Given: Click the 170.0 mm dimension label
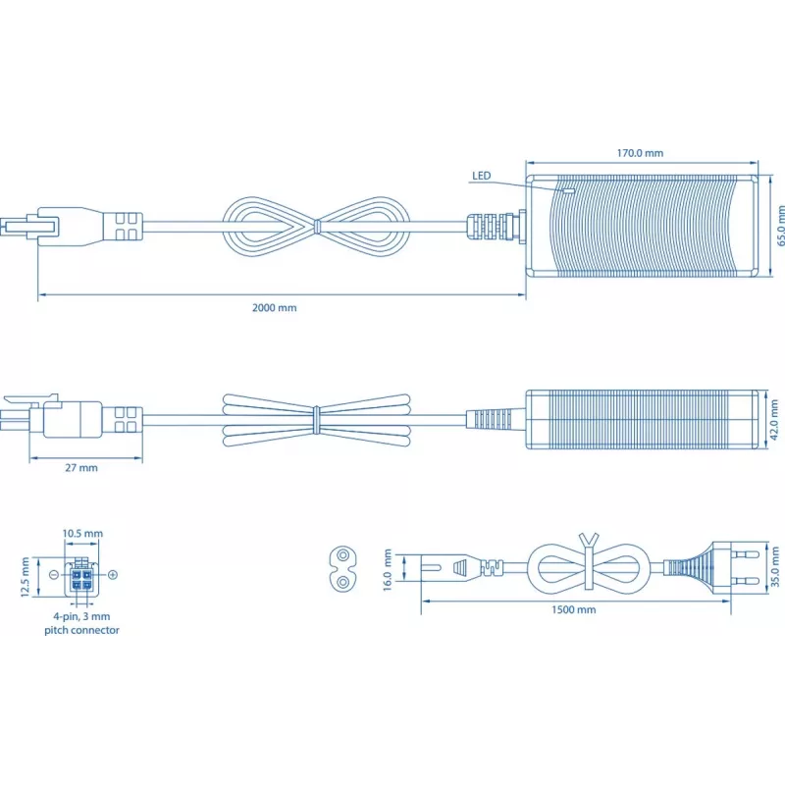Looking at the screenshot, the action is click(640, 153).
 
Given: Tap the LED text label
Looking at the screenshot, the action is click(481, 176).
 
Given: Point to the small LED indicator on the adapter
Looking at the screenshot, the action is click(569, 190).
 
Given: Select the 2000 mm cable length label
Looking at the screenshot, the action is click(275, 308).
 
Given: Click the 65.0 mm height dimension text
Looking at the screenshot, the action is click(780, 227).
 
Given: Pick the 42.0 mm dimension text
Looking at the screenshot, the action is click(774, 420).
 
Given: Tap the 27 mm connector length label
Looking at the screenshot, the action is click(81, 468).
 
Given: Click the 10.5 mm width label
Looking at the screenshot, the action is click(82, 534).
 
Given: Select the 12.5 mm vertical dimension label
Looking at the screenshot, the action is click(26, 577).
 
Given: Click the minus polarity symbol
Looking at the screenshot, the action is click(55, 574).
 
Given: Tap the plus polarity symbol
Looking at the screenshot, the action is click(113, 575).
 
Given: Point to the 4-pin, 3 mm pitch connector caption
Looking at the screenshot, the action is click(81, 623).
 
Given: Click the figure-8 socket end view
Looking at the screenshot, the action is click(342, 569).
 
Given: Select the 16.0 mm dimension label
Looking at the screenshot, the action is click(388, 570).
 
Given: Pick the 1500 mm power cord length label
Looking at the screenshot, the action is click(574, 609).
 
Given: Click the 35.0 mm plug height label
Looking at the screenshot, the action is click(775, 567).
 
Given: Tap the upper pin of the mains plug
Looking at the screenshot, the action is click(745, 554).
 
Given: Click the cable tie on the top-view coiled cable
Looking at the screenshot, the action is click(316, 227).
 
